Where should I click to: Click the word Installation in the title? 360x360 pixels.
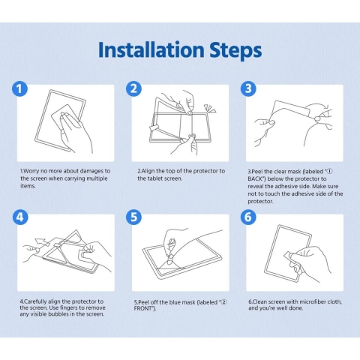click(151, 49)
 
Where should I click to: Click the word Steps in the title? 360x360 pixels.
click(235, 51)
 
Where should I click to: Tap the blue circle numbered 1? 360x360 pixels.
click(19, 89)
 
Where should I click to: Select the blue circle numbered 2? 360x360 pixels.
click(133, 88)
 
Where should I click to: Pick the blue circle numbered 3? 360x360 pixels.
click(248, 88)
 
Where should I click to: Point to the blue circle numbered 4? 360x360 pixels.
click(20, 217)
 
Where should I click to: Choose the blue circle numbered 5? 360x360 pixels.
click(133, 217)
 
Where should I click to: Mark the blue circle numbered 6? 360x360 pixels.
click(248, 217)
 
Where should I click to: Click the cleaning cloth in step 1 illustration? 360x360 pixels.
click(65, 117)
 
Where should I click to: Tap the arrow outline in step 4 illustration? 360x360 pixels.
click(41, 242)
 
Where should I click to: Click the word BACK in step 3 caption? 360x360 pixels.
click(255, 179)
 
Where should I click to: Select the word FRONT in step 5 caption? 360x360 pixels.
click(143, 308)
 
